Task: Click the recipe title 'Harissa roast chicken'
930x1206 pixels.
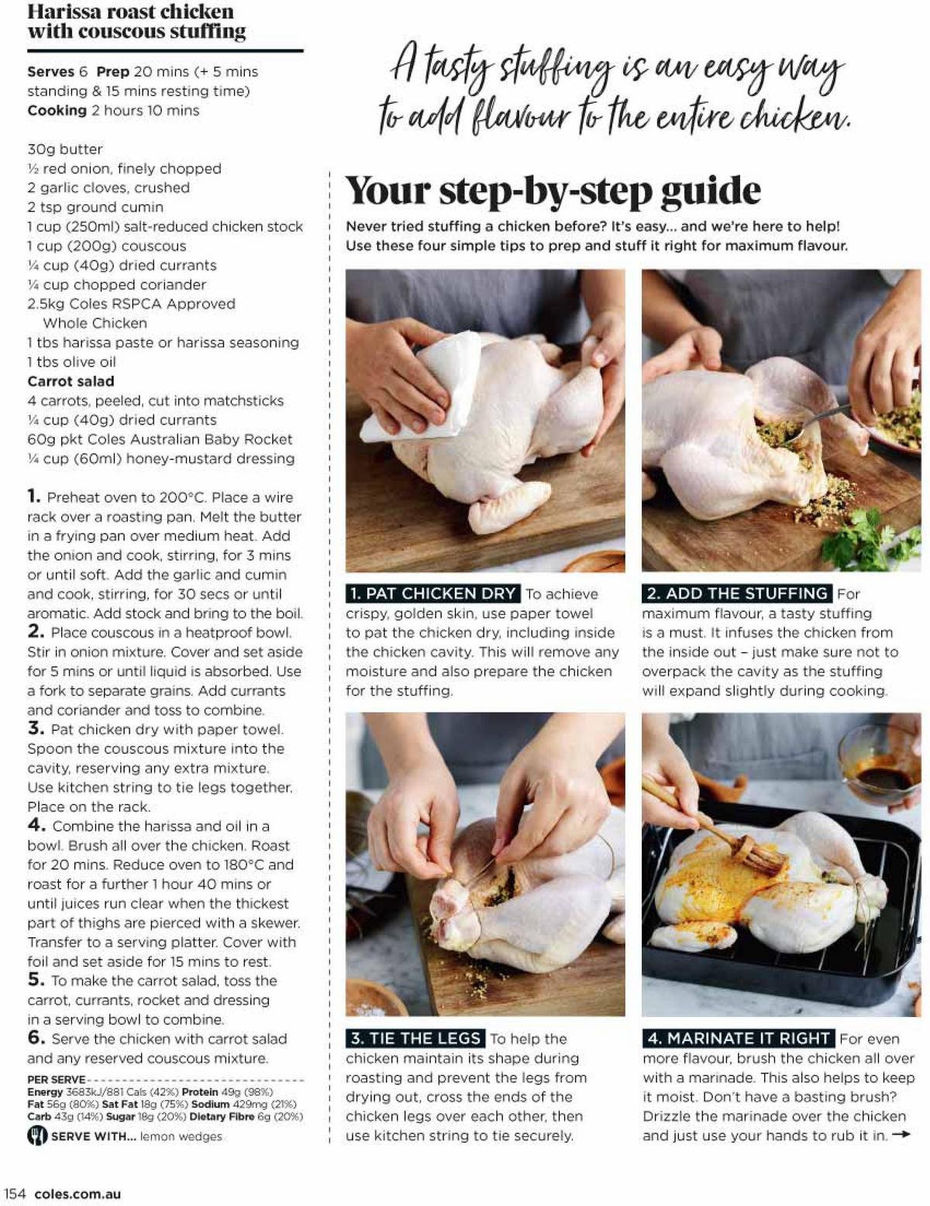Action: pos(130,12)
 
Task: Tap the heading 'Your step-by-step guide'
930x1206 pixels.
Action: pos(553,191)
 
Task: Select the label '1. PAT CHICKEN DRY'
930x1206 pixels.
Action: pos(432,593)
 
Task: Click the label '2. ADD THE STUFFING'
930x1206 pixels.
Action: pos(737,593)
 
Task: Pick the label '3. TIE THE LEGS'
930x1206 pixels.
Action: pos(415,1038)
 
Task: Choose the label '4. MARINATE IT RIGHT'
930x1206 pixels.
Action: pos(738,1038)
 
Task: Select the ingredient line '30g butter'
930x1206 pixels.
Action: pos(65,149)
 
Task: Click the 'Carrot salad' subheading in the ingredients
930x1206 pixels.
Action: pos(71,381)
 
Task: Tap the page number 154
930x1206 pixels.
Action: pos(15,1194)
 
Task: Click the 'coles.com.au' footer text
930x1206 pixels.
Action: pos(77,1194)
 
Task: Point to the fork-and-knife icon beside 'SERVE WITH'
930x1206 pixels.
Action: pos(37,1136)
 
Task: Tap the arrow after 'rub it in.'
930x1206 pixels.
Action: pos(901,1135)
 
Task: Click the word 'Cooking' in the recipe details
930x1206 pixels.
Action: pos(57,110)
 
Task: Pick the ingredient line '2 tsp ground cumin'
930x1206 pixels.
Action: pos(95,207)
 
